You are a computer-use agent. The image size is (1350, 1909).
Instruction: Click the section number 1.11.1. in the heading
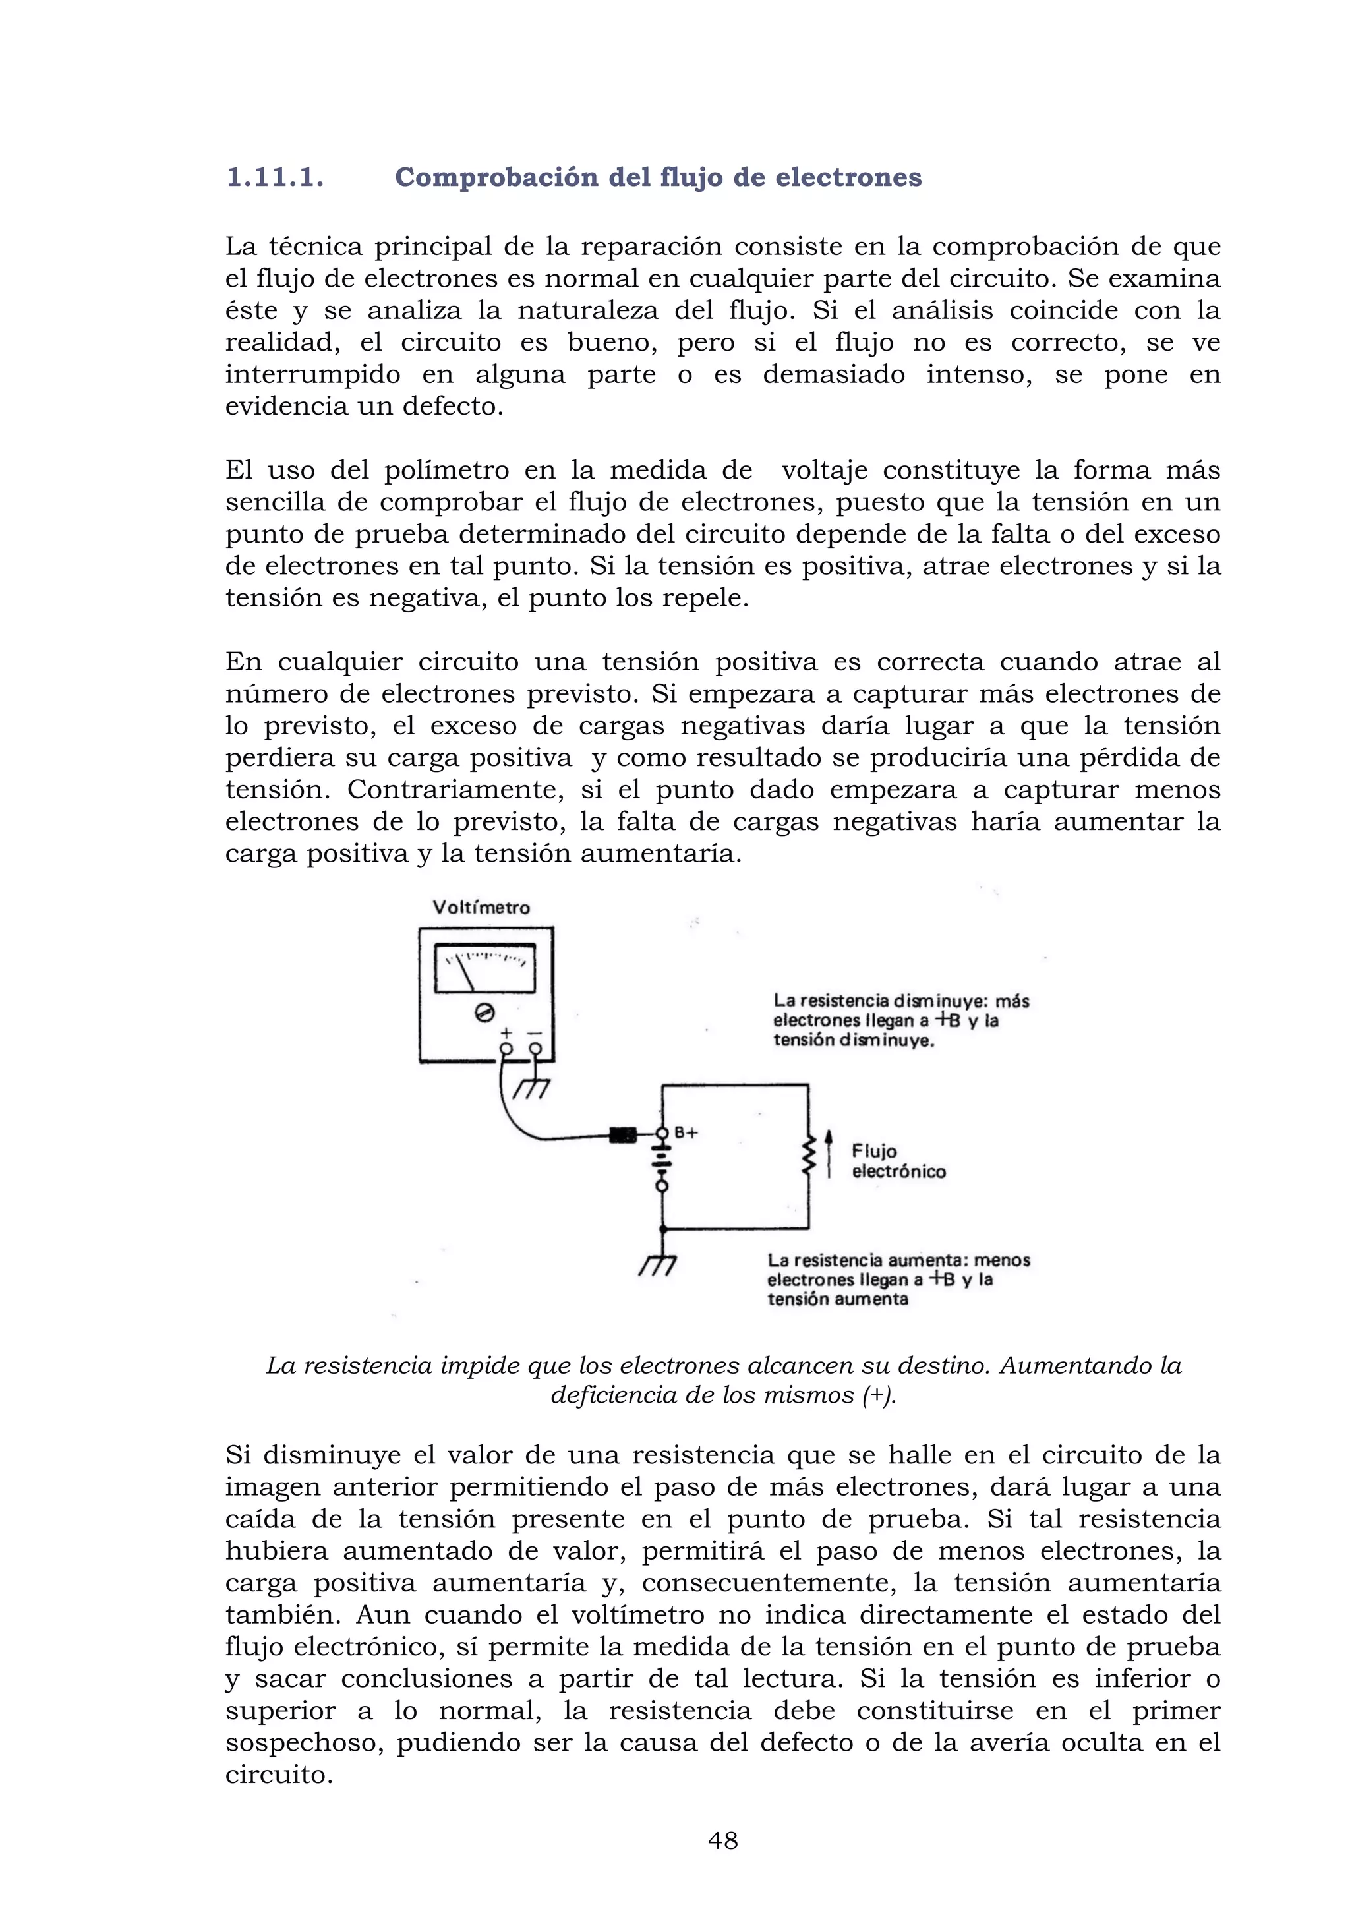coord(274,178)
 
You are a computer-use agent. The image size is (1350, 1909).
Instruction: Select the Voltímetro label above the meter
coord(481,908)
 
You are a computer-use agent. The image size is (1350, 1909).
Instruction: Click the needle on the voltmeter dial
coord(465,974)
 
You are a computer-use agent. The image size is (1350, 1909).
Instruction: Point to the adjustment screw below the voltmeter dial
coord(484,1013)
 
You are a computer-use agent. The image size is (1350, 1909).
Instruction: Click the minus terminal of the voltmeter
coord(535,1049)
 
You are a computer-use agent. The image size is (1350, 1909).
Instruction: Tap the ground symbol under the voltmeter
coord(532,1088)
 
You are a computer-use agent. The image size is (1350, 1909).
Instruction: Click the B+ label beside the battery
coord(686,1132)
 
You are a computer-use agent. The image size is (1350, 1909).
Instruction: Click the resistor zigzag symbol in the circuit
coord(806,1158)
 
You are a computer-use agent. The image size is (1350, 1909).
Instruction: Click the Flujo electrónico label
coord(898,1161)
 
